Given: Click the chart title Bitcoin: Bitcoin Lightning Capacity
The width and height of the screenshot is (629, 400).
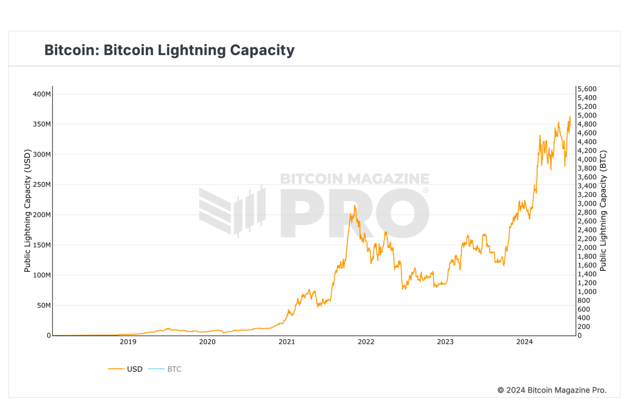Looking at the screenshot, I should [x=169, y=50].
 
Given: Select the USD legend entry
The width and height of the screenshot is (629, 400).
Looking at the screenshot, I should [x=134, y=369].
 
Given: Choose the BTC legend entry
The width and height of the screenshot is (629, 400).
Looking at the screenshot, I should [x=174, y=369].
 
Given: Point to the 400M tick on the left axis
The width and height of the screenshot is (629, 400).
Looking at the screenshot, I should [x=41, y=94].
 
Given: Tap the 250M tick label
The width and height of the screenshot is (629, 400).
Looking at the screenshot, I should [x=41, y=185].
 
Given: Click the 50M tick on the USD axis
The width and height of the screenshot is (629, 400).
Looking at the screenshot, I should [x=43, y=306].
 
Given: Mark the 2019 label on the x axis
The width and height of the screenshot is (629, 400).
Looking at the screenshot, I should [x=128, y=342].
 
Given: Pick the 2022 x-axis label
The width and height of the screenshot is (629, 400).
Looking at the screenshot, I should [x=366, y=342].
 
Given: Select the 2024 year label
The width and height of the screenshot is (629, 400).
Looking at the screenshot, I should [x=524, y=342].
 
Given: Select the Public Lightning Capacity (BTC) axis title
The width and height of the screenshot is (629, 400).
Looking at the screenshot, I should [x=603, y=211].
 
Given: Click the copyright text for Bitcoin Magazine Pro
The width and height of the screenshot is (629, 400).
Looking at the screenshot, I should [x=551, y=390].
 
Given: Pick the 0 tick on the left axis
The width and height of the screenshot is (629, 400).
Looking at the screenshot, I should [x=49, y=335].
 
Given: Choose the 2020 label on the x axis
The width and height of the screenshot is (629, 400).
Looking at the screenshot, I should [x=208, y=342].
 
